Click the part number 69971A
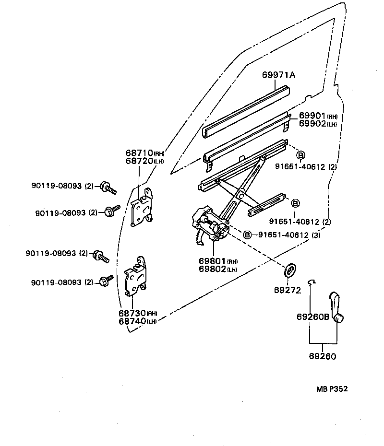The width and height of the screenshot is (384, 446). pos(278,75)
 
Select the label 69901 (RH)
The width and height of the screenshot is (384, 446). pos(318,116)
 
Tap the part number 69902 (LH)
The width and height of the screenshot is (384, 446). pos(318,124)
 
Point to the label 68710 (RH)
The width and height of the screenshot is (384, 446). pos(145,153)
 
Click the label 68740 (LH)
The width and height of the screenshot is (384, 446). pos(138,321)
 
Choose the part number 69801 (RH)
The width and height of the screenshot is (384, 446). pos(218,261)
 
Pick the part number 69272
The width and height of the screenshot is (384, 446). pos(288,290)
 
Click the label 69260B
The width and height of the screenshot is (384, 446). pos(313,317)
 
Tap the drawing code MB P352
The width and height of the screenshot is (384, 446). pos(332,389)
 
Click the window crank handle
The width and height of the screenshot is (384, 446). pos(336,307)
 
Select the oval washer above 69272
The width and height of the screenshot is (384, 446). pos(290,270)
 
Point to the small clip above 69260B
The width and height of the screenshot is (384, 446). pos(312,282)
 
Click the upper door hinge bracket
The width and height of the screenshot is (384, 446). pos(142,207)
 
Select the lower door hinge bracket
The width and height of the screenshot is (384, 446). pos(135,277)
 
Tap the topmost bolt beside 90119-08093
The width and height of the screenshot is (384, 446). pos(108,187)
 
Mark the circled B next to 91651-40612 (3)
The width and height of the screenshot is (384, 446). pos(247,235)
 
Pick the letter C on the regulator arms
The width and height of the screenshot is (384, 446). pos(241,196)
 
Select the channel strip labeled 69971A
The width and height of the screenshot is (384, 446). pos(246,112)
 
